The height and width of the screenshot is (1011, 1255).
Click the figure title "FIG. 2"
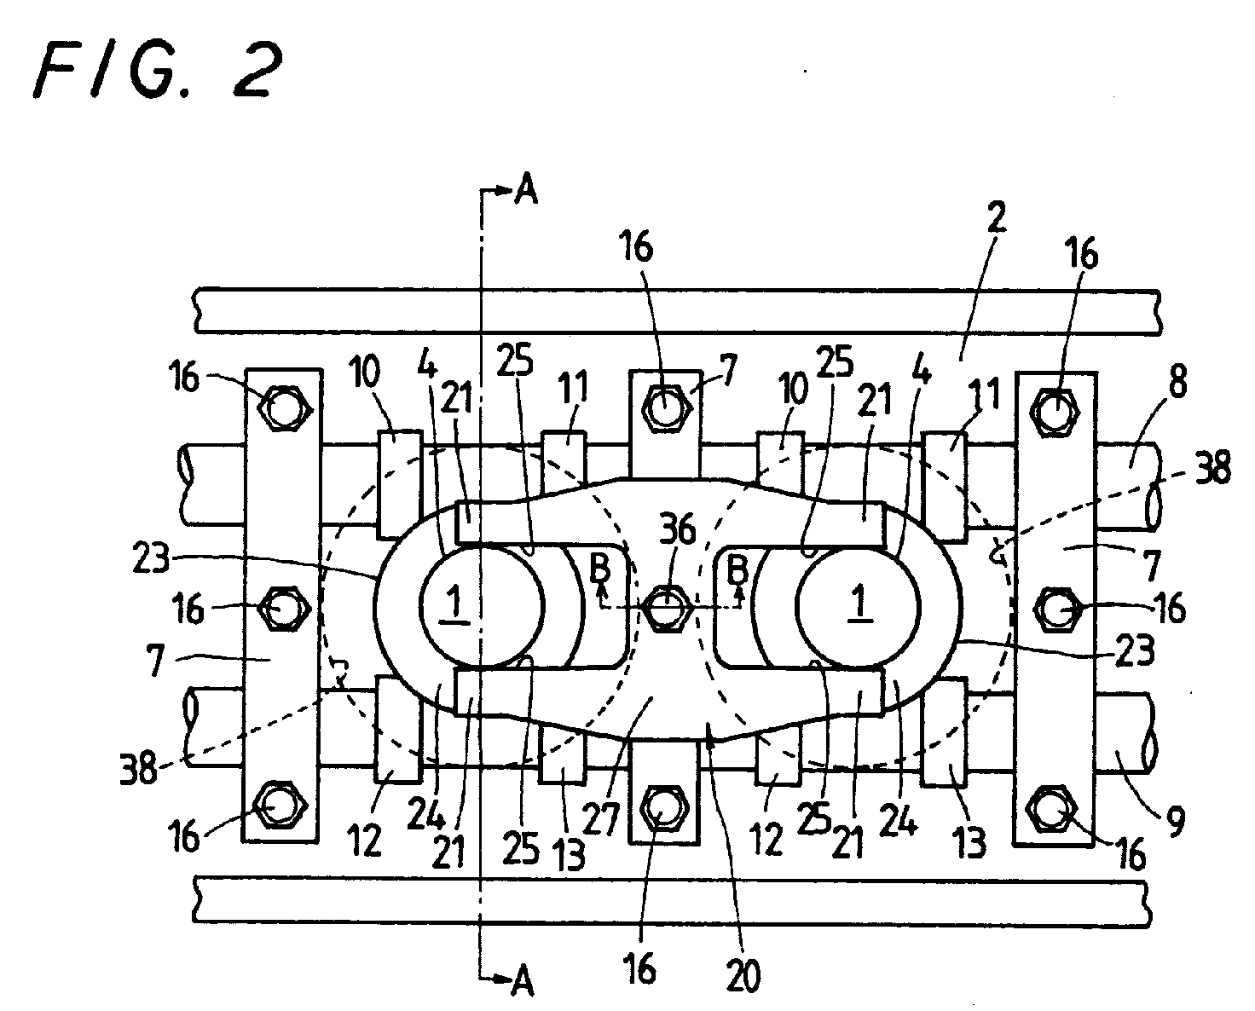pos(159,70)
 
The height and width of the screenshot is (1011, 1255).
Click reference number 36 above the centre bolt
pos(679,529)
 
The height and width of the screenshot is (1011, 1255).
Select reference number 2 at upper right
pos(997,217)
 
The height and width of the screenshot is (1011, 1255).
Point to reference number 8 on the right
pos(1177,382)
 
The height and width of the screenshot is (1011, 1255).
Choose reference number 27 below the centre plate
pos(601,818)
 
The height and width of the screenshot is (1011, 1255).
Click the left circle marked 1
pos(482,606)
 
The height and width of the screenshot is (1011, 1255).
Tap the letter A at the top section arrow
pos(525,191)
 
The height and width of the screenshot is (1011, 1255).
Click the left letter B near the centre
pos(600,568)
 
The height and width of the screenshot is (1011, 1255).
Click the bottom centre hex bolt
pos(663,808)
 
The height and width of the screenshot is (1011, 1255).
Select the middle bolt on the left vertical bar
pos(283,608)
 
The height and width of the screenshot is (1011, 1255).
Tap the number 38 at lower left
pos(138,768)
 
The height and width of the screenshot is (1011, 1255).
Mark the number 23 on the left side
pos(150,558)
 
